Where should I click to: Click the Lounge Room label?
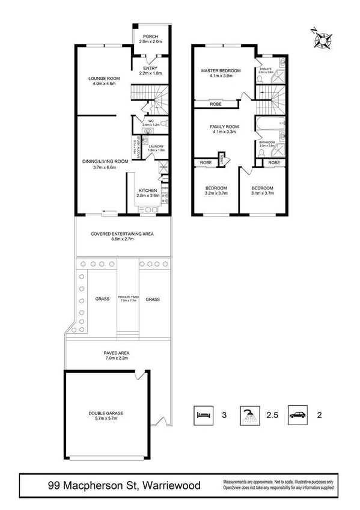[104, 78]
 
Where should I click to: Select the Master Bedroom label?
[221, 71]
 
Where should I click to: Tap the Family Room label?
[224, 126]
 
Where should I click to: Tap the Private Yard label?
[128, 296]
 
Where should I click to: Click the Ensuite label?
[266, 69]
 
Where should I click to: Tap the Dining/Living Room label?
[106, 161]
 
